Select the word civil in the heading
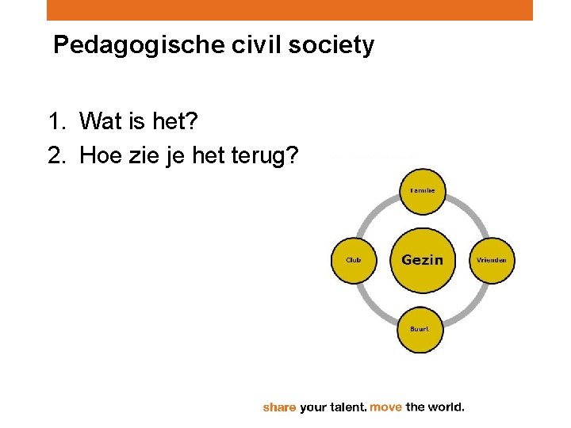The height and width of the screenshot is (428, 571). click(231, 46)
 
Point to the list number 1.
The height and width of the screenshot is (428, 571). click(55, 122)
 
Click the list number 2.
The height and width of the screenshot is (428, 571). click(55, 156)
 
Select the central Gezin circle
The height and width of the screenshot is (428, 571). click(422, 260)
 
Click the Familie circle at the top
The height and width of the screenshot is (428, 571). click(421, 191)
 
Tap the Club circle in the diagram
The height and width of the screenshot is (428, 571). click(354, 260)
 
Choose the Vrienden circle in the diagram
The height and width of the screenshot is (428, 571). click(492, 260)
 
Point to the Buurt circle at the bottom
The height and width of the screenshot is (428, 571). click(420, 329)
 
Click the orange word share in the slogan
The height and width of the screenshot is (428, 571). click(279, 407)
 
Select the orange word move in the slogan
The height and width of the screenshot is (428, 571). click(386, 407)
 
